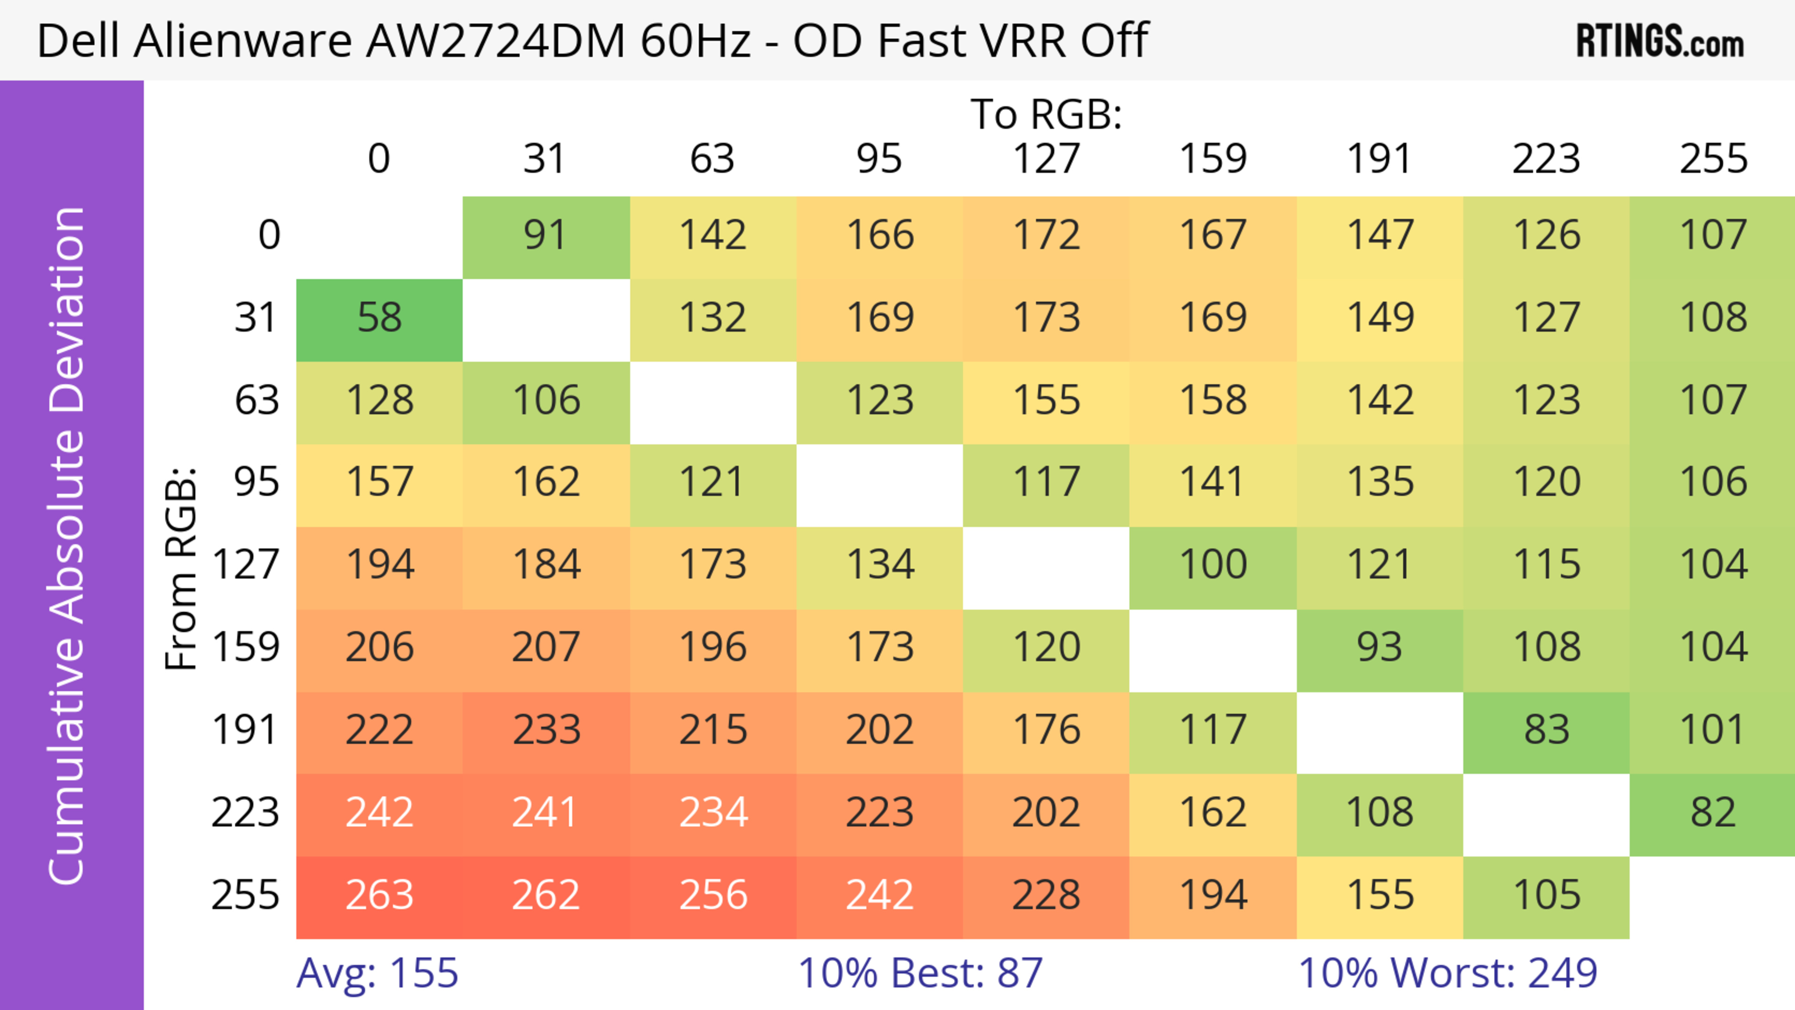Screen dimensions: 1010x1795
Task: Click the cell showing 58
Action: pyautogui.click(x=379, y=320)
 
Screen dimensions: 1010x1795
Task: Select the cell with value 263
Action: pyautogui.click(x=379, y=896)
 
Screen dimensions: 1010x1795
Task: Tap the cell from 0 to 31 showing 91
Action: pyautogui.click(x=546, y=237)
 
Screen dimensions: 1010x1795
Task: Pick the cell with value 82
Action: pyautogui.click(x=1712, y=814)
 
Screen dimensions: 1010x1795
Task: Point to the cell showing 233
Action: pyautogui.click(x=546, y=731)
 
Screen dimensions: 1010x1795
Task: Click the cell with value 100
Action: pyautogui.click(x=1213, y=566)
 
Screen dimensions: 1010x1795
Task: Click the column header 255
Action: pyautogui.click(x=1713, y=159)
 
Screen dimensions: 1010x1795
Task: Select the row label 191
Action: pyautogui.click(x=245, y=731)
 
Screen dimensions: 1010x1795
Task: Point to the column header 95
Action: pyautogui.click(x=879, y=159)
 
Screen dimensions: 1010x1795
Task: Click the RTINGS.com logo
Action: pyautogui.click(x=1659, y=41)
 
